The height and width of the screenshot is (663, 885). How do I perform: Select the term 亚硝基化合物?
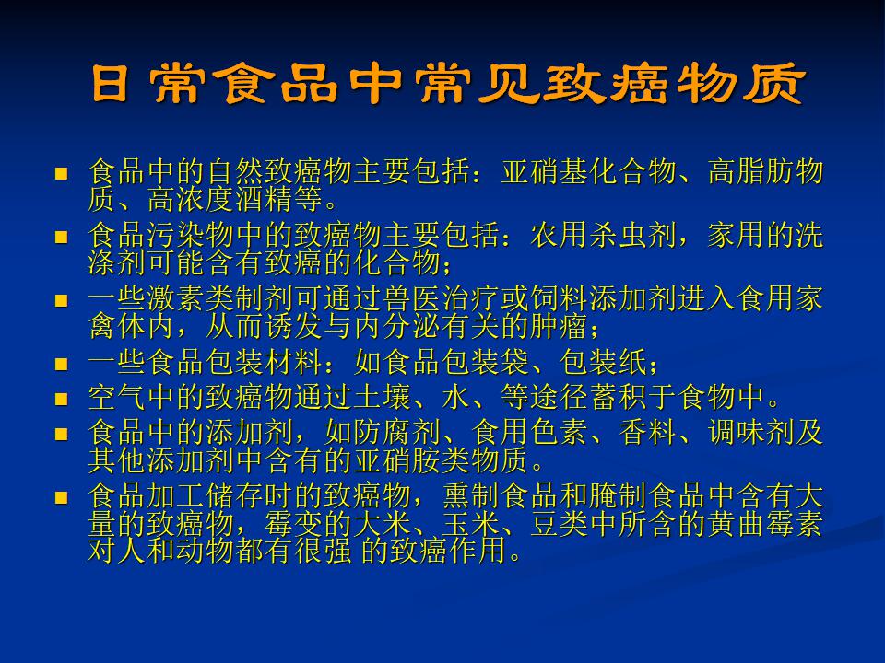[x=589, y=172]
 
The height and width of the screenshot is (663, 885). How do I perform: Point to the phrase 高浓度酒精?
[x=220, y=199]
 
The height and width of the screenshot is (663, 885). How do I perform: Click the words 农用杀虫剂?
[x=603, y=236]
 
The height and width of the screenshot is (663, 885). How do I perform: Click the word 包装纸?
[x=603, y=362]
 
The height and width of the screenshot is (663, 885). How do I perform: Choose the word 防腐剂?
[x=398, y=433]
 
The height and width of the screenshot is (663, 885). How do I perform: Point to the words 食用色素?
[x=531, y=433]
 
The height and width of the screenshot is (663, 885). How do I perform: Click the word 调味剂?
[x=750, y=433]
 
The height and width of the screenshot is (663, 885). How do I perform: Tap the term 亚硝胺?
[x=398, y=460]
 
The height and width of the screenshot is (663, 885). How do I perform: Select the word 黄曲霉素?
[x=765, y=523]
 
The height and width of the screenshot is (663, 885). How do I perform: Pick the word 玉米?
[x=471, y=523]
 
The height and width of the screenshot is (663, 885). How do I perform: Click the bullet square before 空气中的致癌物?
[x=61, y=399]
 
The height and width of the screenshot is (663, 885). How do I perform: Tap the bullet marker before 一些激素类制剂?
[x=61, y=300]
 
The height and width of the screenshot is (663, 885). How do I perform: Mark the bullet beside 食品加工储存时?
[x=61, y=498]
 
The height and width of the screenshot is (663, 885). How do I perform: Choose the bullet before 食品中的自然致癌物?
[x=61, y=173]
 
